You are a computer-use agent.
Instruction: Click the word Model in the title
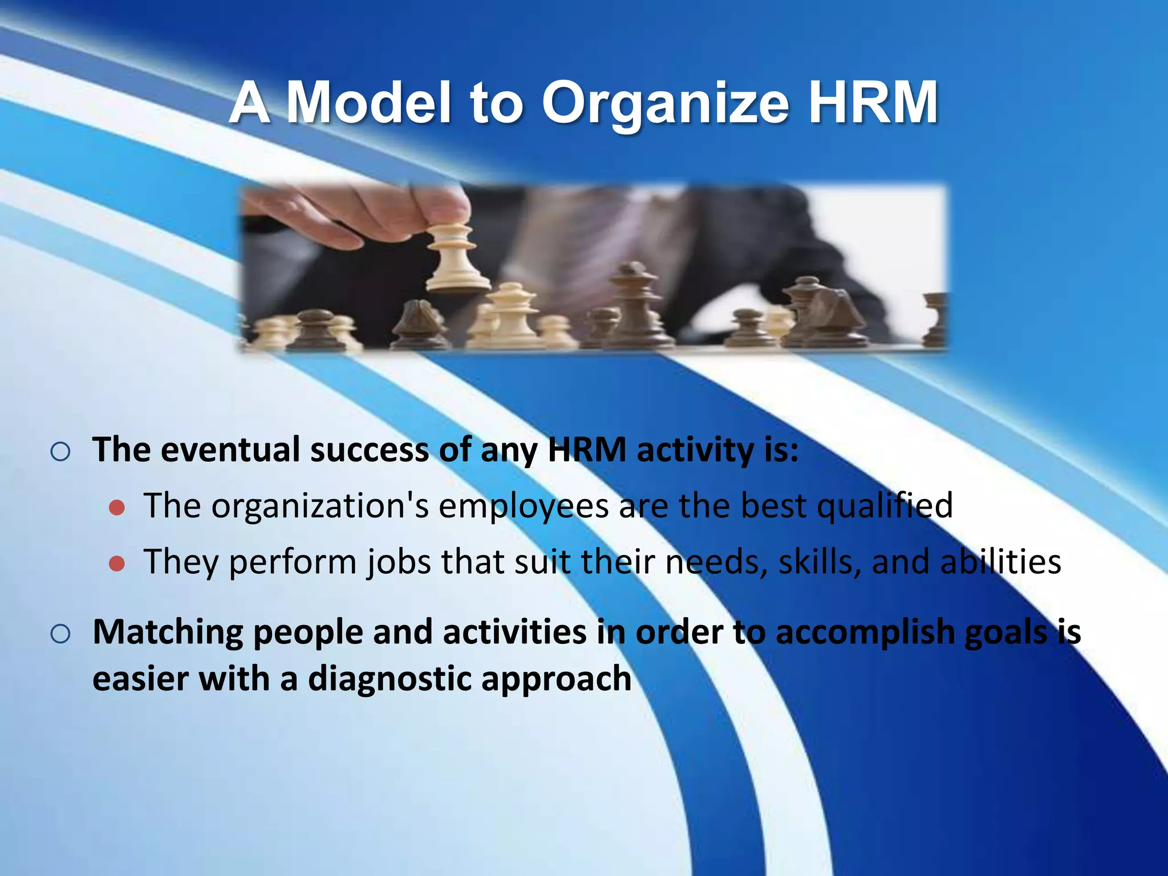[369, 103]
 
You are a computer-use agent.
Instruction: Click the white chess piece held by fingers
[455, 257]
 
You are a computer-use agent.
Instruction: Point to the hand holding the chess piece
[365, 211]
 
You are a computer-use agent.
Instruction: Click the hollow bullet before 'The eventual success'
[60, 452]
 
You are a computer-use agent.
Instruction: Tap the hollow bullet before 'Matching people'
[60, 634]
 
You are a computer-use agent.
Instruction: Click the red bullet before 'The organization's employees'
[117, 508]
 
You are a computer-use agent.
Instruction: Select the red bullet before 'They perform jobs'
[117, 563]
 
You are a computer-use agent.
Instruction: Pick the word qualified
[885, 506]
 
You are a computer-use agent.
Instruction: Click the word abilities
[1000, 562]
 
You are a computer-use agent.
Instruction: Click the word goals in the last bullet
[1007, 633]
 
